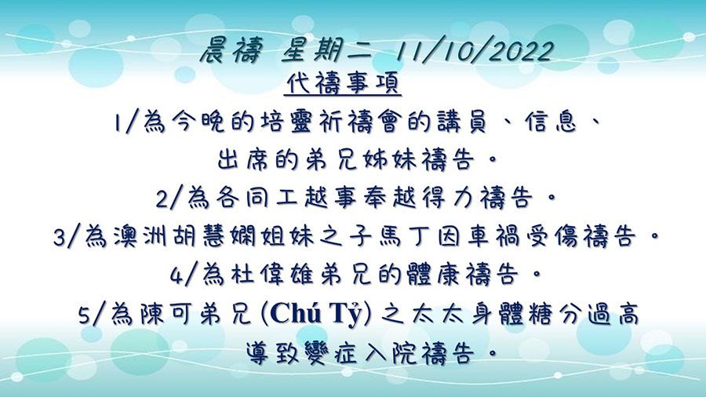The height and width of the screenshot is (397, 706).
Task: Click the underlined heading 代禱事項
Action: click(344, 83)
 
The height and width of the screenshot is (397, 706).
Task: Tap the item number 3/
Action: click(67, 237)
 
